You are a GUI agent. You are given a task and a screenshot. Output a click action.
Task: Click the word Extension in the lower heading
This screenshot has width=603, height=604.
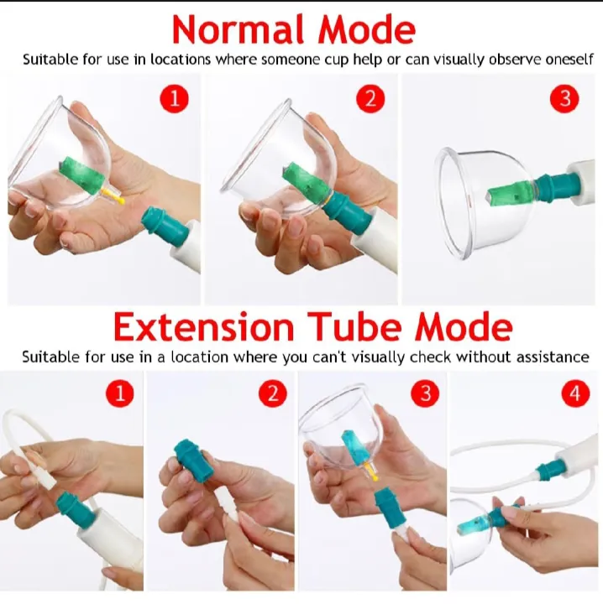coord(204,327)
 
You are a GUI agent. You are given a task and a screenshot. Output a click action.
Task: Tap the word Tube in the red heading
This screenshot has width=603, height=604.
coord(354,327)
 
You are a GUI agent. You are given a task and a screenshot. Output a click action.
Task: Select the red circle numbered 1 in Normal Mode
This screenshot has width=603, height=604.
coord(175,99)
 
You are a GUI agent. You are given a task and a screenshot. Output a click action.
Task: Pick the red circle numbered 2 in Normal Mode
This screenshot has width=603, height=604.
coord(370,99)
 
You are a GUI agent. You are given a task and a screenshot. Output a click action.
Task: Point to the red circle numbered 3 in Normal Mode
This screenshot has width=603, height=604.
coord(564,99)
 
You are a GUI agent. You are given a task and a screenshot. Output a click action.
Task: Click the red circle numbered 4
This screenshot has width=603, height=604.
coord(575,393)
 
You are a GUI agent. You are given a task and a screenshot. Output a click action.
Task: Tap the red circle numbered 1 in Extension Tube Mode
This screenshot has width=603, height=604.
coord(120,393)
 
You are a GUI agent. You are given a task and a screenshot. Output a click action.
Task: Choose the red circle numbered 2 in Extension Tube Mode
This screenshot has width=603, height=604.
coord(273,393)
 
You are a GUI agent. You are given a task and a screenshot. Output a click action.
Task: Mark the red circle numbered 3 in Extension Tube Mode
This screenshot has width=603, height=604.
coord(425,393)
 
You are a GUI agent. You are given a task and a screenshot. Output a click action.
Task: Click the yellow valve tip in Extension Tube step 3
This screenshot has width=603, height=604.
coord(371,472)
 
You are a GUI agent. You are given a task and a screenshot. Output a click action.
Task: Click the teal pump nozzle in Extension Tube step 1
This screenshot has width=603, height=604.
coord(76,510)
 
